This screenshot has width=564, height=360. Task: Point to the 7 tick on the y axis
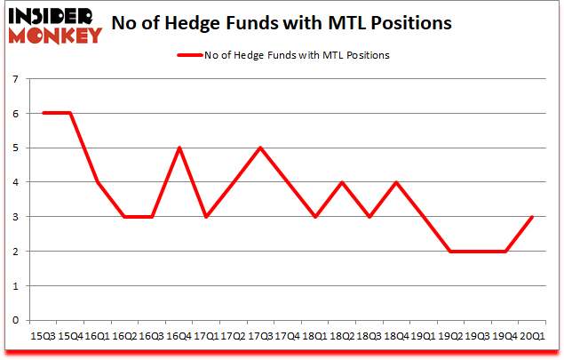coord(15,79)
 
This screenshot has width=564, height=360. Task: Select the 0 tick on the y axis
coord(15,320)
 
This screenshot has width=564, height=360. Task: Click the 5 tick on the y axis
coord(15,148)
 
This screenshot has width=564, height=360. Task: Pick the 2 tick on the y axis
coord(15,252)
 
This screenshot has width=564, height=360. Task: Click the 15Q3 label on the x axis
coord(43,336)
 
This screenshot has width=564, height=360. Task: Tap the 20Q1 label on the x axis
coord(534,336)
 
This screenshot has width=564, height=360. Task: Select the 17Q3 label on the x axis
coord(261,336)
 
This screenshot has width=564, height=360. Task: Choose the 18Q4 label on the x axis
coord(397,336)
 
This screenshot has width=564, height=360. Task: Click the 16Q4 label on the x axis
coord(179,336)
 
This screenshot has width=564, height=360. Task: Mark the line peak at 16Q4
coord(179,148)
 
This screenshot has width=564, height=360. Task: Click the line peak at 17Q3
coord(261,148)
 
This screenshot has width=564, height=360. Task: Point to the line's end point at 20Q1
coord(534,217)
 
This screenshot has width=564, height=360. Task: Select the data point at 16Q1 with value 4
coord(98,182)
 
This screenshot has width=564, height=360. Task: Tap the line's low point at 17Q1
coord(206,217)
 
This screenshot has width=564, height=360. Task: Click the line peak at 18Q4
coord(397,182)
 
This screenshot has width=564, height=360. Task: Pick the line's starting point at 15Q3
coord(43,113)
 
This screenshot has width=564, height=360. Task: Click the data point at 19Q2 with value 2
coord(452,252)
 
